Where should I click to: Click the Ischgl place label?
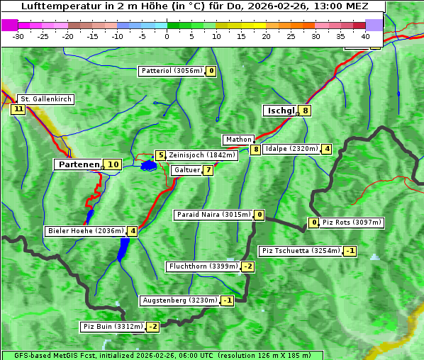pyautogui.click(x=281, y=111)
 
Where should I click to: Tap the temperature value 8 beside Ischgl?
pyautogui.click(x=305, y=111)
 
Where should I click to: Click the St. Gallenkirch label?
pyautogui.click(x=45, y=99)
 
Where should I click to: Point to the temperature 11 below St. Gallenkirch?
pyautogui.click(x=18, y=109)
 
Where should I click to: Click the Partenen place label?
pyautogui.click(x=79, y=164)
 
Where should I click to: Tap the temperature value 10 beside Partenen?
pyautogui.click(x=112, y=164)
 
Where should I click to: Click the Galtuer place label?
pyautogui.click(x=187, y=170)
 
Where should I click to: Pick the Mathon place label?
pyautogui.click(x=238, y=140)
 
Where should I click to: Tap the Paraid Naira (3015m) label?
pyautogui.click(x=213, y=215)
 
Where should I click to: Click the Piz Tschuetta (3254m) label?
pyautogui.click(x=300, y=251)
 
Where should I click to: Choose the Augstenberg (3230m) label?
pyautogui.click(x=179, y=300)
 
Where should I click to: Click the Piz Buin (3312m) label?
pyautogui.click(x=112, y=327)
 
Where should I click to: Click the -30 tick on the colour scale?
pyautogui.click(x=18, y=35)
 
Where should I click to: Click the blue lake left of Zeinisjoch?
pyautogui.click(x=148, y=166)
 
